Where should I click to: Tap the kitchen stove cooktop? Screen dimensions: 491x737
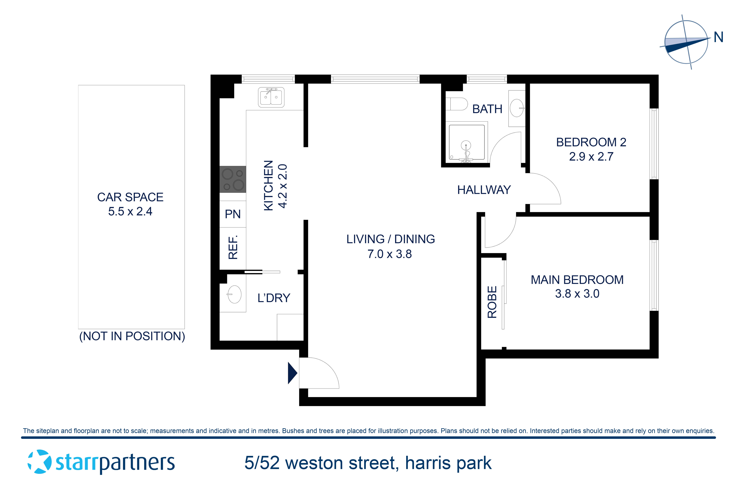233,179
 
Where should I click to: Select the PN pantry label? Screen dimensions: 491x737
233,214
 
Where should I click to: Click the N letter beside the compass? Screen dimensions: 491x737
718,38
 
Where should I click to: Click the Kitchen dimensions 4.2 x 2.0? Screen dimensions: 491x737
283,186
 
